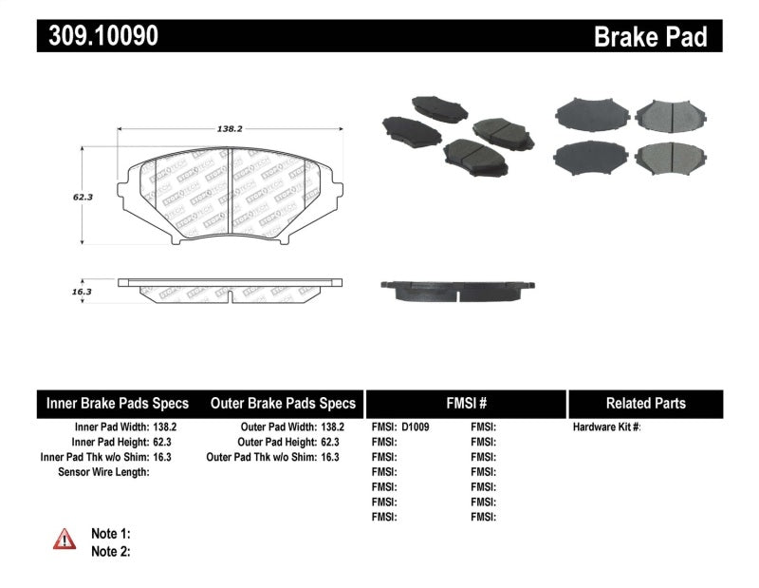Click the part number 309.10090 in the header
pyautogui.click(x=98, y=36)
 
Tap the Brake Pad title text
pyautogui.click(x=650, y=37)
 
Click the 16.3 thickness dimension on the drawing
pyautogui.click(x=80, y=292)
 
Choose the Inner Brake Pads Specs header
pyautogui.click(x=118, y=403)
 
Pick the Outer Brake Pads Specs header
pyautogui.click(x=283, y=403)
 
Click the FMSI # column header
pyautogui.click(x=466, y=403)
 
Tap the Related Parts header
pyautogui.click(x=645, y=403)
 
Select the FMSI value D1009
pyautogui.click(x=416, y=427)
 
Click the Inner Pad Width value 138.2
pyautogui.click(x=164, y=427)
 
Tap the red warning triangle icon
pyautogui.click(x=65, y=541)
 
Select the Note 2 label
pyautogui.click(x=110, y=551)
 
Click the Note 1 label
pyautogui.click(x=110, y=534)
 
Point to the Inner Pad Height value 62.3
pyautogui.click(x=164, y=442)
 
